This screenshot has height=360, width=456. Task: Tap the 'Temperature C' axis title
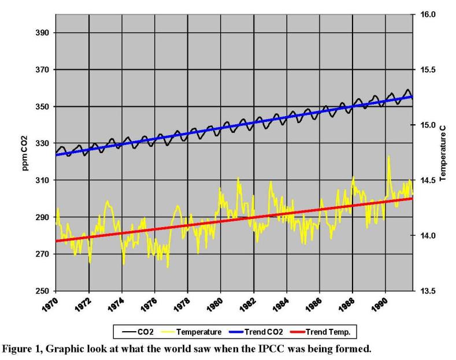click(x=443, y=153)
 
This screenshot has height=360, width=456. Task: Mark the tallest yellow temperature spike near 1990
click(x=388, y=156)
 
